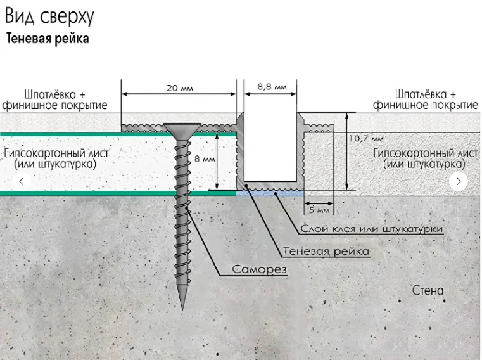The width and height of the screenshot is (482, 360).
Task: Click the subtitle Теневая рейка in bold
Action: pos(48,39)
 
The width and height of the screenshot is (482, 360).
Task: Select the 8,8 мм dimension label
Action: pos(272,86)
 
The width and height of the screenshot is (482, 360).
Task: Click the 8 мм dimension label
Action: pos(205,159)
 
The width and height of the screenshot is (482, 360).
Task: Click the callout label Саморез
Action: pos(260,269)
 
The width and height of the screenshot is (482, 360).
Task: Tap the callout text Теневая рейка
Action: pos(326,251)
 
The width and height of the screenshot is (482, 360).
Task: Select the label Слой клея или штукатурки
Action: pos(372,228)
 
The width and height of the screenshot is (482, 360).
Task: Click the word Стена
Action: pos(428,291)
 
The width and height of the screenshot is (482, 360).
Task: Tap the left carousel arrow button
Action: pos(22,181)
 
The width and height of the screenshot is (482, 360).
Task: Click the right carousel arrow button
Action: pos(459,181)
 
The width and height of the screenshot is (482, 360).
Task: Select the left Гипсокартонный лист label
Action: pos(56,158)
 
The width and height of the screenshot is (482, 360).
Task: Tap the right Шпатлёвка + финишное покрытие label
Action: pos(425,100)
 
